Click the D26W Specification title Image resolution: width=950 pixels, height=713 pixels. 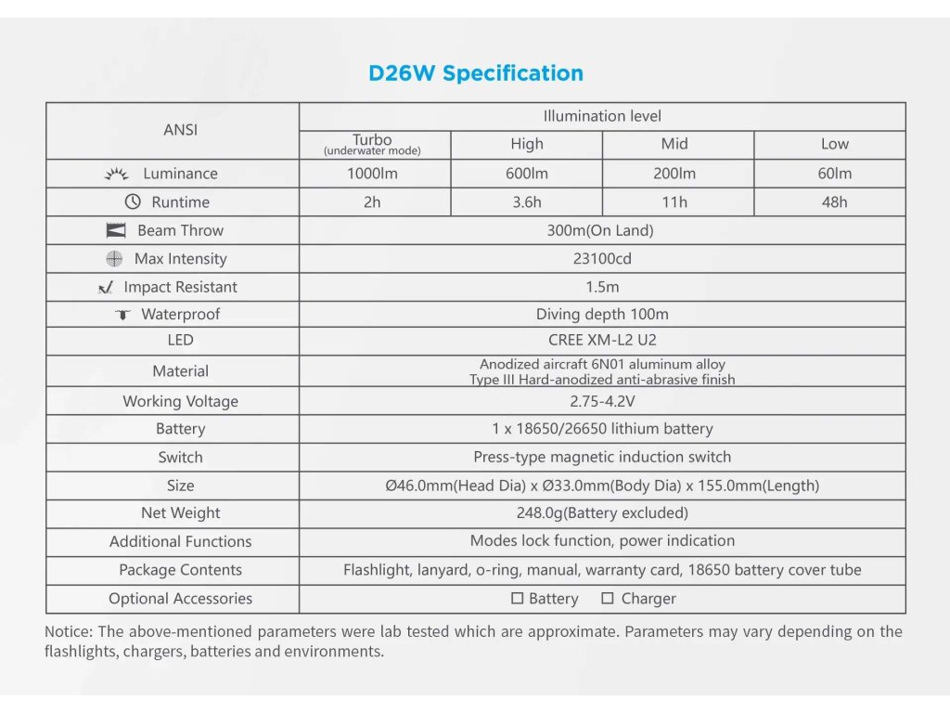pos(476,73)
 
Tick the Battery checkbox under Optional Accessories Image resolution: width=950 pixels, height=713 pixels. pos(517,599)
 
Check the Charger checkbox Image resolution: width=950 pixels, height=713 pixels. pos(607,599)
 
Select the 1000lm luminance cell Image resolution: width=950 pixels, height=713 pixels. pos(372,174)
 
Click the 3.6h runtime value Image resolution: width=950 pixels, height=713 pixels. pos(527,201)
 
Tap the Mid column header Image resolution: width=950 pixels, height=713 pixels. pos(674,144)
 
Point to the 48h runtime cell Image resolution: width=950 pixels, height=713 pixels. pos(834,201)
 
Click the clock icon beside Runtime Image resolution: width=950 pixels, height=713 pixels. pos(133,201)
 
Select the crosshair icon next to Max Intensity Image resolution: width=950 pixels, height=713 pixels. pos(114,259)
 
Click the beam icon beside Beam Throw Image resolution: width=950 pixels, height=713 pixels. pos(116,230)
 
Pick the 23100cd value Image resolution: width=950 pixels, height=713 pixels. pos(602,259)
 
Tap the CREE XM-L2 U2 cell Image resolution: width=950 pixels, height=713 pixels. pos(602,340)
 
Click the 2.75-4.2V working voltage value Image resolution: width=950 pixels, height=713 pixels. pos(602,401)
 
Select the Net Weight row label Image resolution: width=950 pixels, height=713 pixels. pos(181,512)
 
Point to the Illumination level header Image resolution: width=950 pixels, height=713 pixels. pos(602,116)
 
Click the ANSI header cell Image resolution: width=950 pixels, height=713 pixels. pos(181,130)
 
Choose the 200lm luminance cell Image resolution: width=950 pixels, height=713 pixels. pos(674,174)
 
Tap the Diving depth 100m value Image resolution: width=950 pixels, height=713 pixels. pos(602,314)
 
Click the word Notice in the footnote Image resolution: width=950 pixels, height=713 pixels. pos(69,631)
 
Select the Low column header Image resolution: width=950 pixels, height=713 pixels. pos(834,144)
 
